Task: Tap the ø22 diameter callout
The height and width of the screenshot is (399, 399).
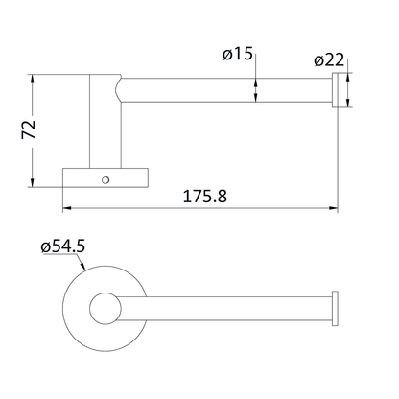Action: tap(329, 59)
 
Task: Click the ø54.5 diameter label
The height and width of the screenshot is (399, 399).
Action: tap(64, 247)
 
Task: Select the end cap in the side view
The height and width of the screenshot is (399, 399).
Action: tap(335, 91)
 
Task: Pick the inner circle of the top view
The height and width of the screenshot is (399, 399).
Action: tap(104, 308)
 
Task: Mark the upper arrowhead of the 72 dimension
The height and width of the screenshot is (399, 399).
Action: tap(34, 76)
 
